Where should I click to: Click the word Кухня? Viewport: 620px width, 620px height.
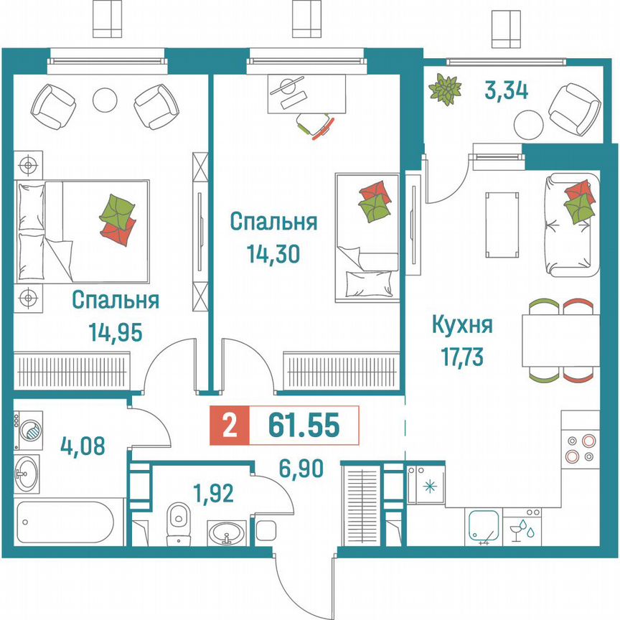pos(461,325)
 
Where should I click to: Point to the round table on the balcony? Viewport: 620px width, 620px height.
pos(527,123)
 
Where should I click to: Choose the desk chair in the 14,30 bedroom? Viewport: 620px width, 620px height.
pos(316,125)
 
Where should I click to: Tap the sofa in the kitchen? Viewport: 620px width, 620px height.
pos(571,225)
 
